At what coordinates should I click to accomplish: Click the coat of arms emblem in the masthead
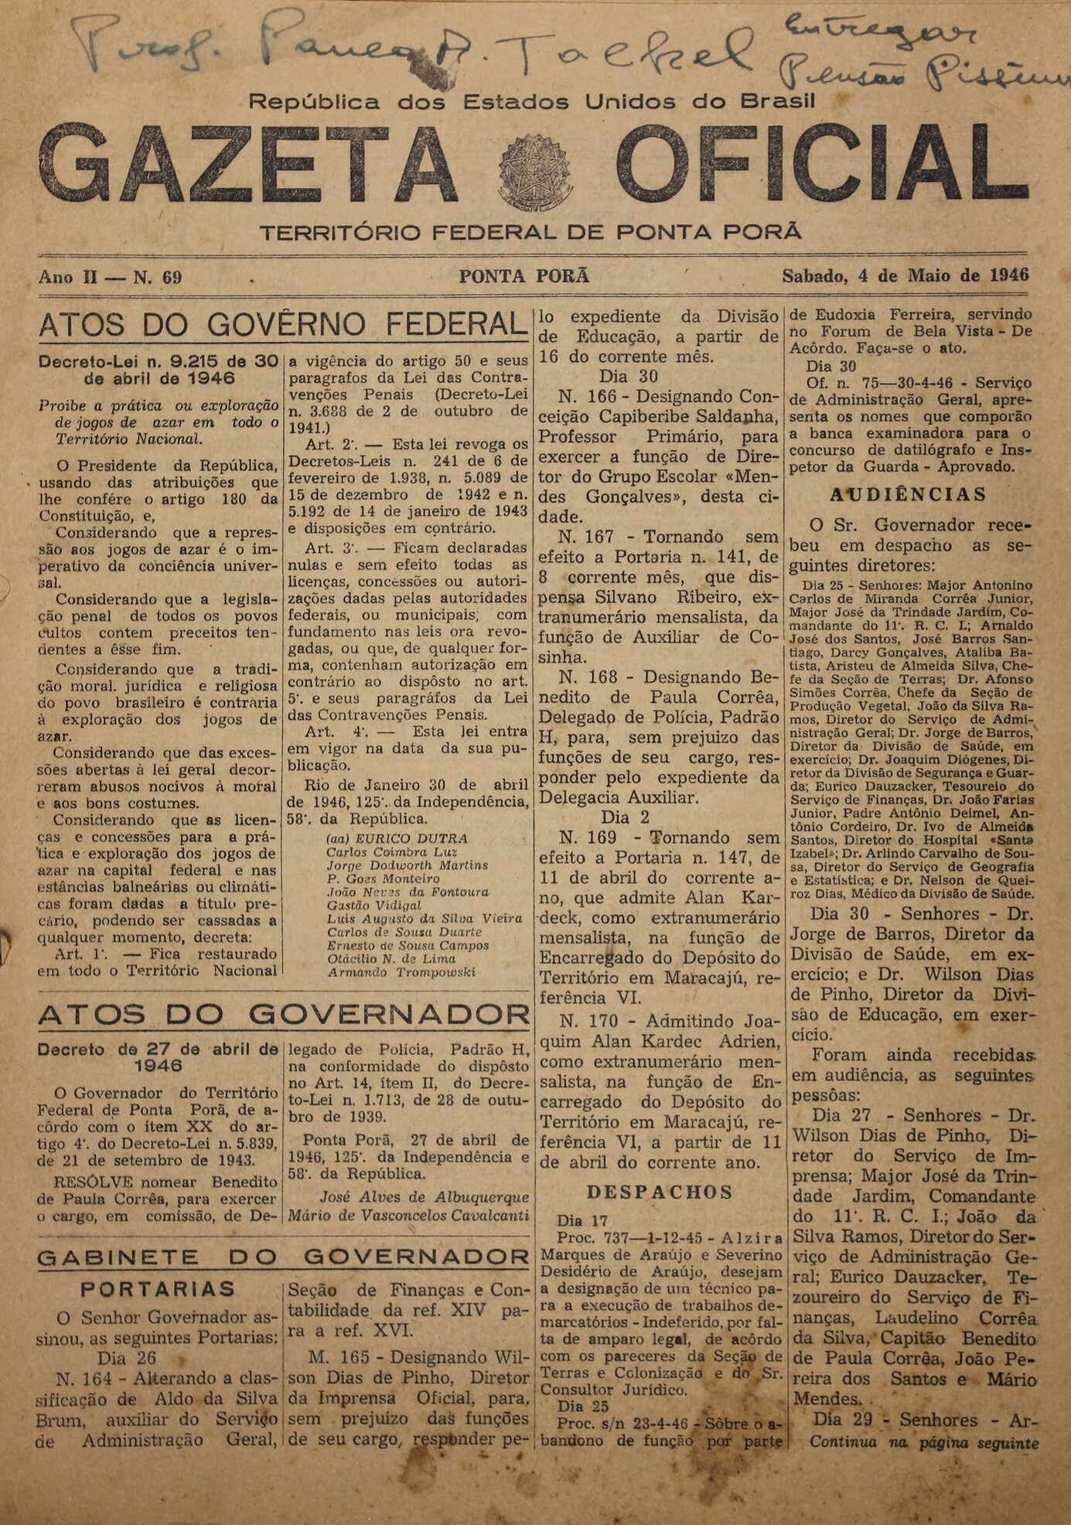click(535, 172)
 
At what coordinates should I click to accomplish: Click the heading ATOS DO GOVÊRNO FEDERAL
click(283, 325)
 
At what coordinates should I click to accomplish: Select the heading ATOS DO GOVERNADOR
click(284, 1015)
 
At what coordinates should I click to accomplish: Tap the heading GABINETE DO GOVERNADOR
click(284, 1257)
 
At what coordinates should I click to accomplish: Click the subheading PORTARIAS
click(158, 1289)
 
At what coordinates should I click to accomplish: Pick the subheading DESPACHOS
click(660, 1192)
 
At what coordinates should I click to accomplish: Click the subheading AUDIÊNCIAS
click(909, 494)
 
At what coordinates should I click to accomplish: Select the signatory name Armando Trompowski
click(401, 972)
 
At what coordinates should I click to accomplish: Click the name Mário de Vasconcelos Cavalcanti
click(408, 1215)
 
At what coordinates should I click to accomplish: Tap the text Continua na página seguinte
click(924, 1442)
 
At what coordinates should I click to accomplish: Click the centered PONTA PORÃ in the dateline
click(524, 276)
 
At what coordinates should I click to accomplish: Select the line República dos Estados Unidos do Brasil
click(532, 101)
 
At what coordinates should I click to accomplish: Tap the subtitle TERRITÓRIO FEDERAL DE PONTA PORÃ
click(530, 232)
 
